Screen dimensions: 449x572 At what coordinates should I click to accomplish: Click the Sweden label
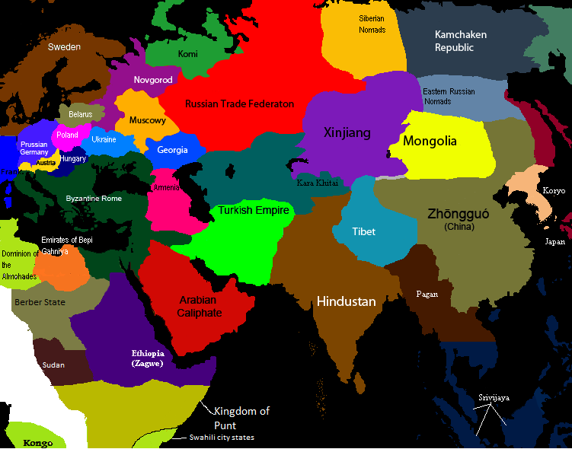click(x=64, y=47)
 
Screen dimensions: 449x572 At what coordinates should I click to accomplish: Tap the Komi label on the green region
click(x=187, y=55)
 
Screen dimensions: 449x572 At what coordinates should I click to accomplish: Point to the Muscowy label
click(x=147, y=120)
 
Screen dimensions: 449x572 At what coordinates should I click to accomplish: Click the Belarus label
click(x=80, y=114)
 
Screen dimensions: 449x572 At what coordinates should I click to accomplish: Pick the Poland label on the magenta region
click(x=67, y=135)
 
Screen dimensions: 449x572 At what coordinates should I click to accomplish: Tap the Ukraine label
click(x=104, y=139)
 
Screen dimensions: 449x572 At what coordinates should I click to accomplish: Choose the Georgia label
click(x=172, y=150)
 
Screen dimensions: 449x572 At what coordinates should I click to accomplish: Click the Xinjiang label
click(x=347, y=133)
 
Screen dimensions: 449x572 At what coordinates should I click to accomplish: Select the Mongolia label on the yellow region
click(x=430, y=141)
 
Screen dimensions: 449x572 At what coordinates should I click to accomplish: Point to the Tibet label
click(x=363, y=231)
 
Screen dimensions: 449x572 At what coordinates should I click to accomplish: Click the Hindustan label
click(x=346, y=301)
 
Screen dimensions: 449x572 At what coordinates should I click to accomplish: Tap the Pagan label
click(x=427, y=294)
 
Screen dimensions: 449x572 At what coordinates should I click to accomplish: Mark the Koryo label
click(x=554, y=190)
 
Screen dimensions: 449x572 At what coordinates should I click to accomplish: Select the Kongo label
click(x=38, y=443)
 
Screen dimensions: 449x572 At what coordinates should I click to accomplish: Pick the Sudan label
click(x=53, y=365)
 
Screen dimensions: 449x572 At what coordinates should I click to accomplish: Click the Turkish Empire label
click(x=254, y=210)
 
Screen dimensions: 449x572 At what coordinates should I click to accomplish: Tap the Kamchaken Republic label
click(x=460, y=41)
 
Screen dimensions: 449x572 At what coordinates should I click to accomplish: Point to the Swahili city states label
click(x=222, y=438)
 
